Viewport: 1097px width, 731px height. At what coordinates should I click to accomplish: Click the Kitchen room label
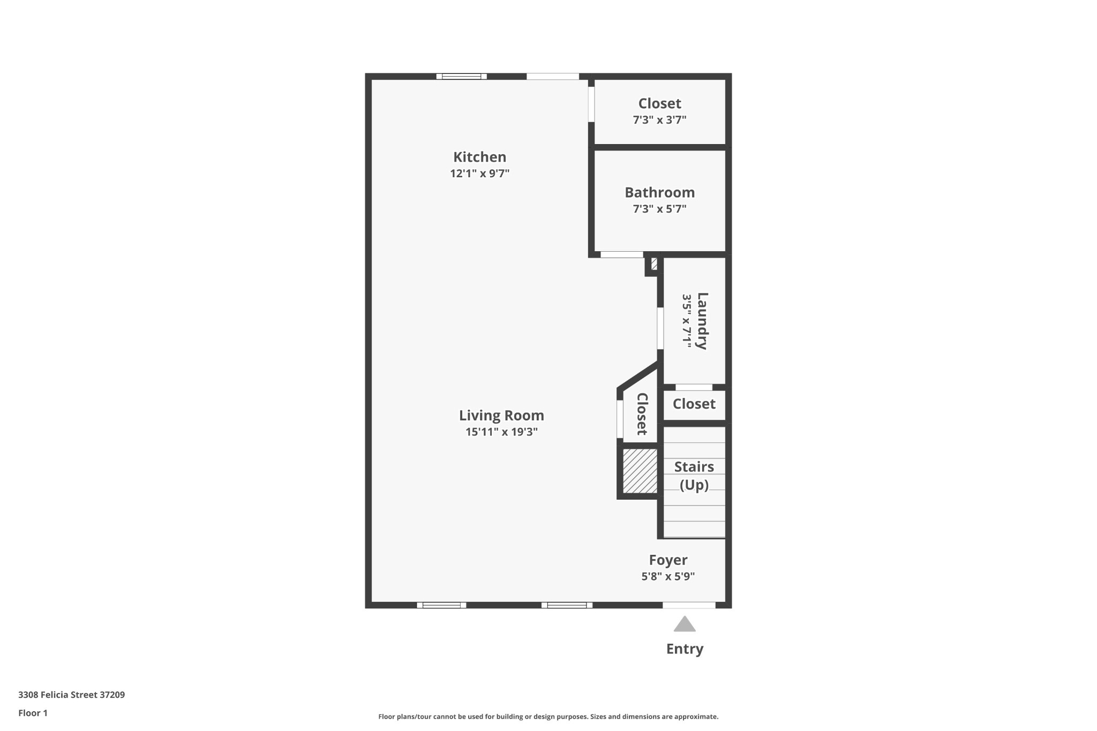479,157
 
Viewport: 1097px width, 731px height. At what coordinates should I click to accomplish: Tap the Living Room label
501,416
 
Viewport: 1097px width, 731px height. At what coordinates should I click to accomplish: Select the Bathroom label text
659,192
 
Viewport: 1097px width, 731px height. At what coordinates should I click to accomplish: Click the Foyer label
668,560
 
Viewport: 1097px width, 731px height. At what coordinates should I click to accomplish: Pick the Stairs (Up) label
694,476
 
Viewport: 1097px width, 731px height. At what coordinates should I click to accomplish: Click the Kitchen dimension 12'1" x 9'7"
479,174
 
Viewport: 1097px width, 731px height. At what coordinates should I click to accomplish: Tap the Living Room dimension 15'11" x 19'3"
501,432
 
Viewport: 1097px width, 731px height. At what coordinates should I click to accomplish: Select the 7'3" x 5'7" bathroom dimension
659,209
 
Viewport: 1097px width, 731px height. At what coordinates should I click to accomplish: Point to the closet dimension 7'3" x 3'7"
659,120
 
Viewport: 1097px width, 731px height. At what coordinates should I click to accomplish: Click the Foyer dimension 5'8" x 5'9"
668,577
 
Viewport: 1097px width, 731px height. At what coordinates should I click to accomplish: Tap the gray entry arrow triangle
685,624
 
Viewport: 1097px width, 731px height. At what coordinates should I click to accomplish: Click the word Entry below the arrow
685,649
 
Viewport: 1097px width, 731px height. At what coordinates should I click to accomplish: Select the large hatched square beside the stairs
640,471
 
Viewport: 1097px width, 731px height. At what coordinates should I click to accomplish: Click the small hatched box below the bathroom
654,264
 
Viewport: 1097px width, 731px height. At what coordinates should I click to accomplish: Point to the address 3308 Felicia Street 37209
71,695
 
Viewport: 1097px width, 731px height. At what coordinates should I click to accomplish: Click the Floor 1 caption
33,713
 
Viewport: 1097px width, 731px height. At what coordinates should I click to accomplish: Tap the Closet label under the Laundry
694,404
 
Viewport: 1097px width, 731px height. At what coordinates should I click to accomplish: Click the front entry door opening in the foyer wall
689,605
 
